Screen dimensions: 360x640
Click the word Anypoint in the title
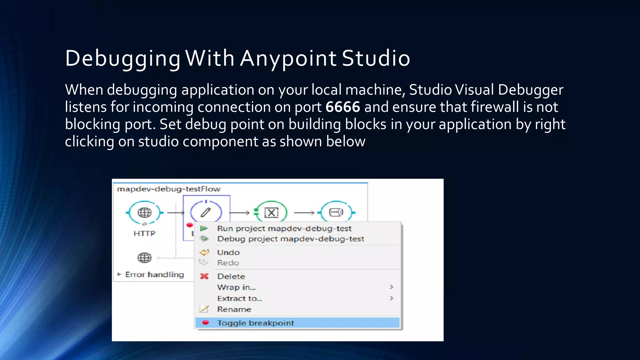pos(288,58)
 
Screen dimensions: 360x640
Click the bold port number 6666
pos(342,107)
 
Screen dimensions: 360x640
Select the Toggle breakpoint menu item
pos(255,323)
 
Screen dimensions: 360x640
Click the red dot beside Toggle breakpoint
pos(205,322)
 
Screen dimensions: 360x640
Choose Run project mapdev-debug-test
pos(284,228)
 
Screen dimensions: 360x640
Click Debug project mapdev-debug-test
pos(290,239)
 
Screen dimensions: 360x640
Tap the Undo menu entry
pos(228,252)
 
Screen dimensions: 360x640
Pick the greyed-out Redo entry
pos(228,263)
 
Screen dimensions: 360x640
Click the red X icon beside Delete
pos(204,276)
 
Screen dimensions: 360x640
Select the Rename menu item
pos(234,309)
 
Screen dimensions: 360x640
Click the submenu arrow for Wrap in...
pos(391,287)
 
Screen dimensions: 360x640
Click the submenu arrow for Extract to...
pos(391,298)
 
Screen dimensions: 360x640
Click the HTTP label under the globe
pos(144,233)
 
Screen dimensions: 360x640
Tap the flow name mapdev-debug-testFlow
pos(169,189)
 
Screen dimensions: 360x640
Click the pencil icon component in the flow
pos(206,212)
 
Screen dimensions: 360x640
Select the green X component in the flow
pos(271,213)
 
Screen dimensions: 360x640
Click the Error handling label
pos(154,275)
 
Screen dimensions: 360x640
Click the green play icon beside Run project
pos(204,228)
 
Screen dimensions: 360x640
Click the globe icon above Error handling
pos(144,258)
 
